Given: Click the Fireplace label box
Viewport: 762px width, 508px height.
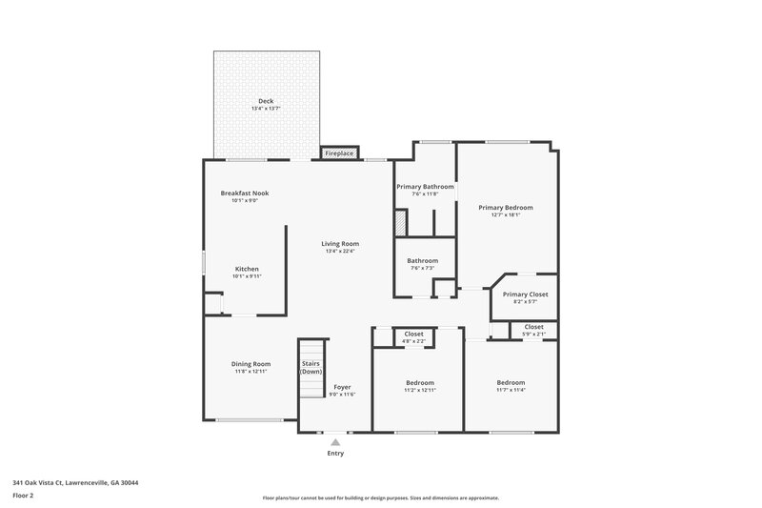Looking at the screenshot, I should pyautogui.click(x=339, y=153).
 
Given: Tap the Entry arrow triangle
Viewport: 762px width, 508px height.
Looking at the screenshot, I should pyautogui.click(x=335, y=442).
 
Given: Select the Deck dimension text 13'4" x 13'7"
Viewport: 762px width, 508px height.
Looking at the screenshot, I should pyautogui.click(x=266, y=109).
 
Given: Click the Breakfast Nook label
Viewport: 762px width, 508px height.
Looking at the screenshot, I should pyautogui.click(x=245, y=193).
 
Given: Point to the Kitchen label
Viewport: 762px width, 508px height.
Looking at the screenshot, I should pyautogui.click(x=247, y=269).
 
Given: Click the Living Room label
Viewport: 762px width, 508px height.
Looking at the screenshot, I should pyautogui.click(x=339, y=244).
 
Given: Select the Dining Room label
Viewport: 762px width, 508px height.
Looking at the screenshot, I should pyautogui.click(x=251, y=363).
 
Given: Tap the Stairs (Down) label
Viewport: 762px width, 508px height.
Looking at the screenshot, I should pyautogui.click(x=311, y=367).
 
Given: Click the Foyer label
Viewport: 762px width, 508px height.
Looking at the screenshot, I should pyautogui.click(x=342, y=387).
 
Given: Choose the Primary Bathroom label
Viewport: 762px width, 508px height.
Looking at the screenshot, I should pyautogui.click(x=425, y=187).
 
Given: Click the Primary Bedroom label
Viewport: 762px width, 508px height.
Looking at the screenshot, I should pyautogui.click(x=505, y=207).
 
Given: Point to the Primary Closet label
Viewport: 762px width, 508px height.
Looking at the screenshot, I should pyautogui.click(x=525, y=295).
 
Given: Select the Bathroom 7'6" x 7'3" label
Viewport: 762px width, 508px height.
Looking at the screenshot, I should pyautogui.click(x=422, y=261).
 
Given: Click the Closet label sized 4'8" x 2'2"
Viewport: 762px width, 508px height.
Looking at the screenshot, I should pyautogui.click(x=414, y=335).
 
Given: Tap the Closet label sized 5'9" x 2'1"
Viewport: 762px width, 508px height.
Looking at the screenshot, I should pyautogui.click(x=534, y=327).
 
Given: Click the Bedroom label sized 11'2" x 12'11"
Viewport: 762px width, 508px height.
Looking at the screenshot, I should pyautogui.click(x=419, y=382).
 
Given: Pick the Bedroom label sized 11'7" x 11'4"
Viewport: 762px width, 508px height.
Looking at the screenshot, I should pyautogui.click(x=511, y=382).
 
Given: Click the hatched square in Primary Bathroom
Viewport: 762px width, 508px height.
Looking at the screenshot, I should pyautogui.click(x=401, y=222).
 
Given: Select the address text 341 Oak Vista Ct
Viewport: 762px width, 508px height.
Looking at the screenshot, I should pyautogui.click(x=75, y=482).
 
